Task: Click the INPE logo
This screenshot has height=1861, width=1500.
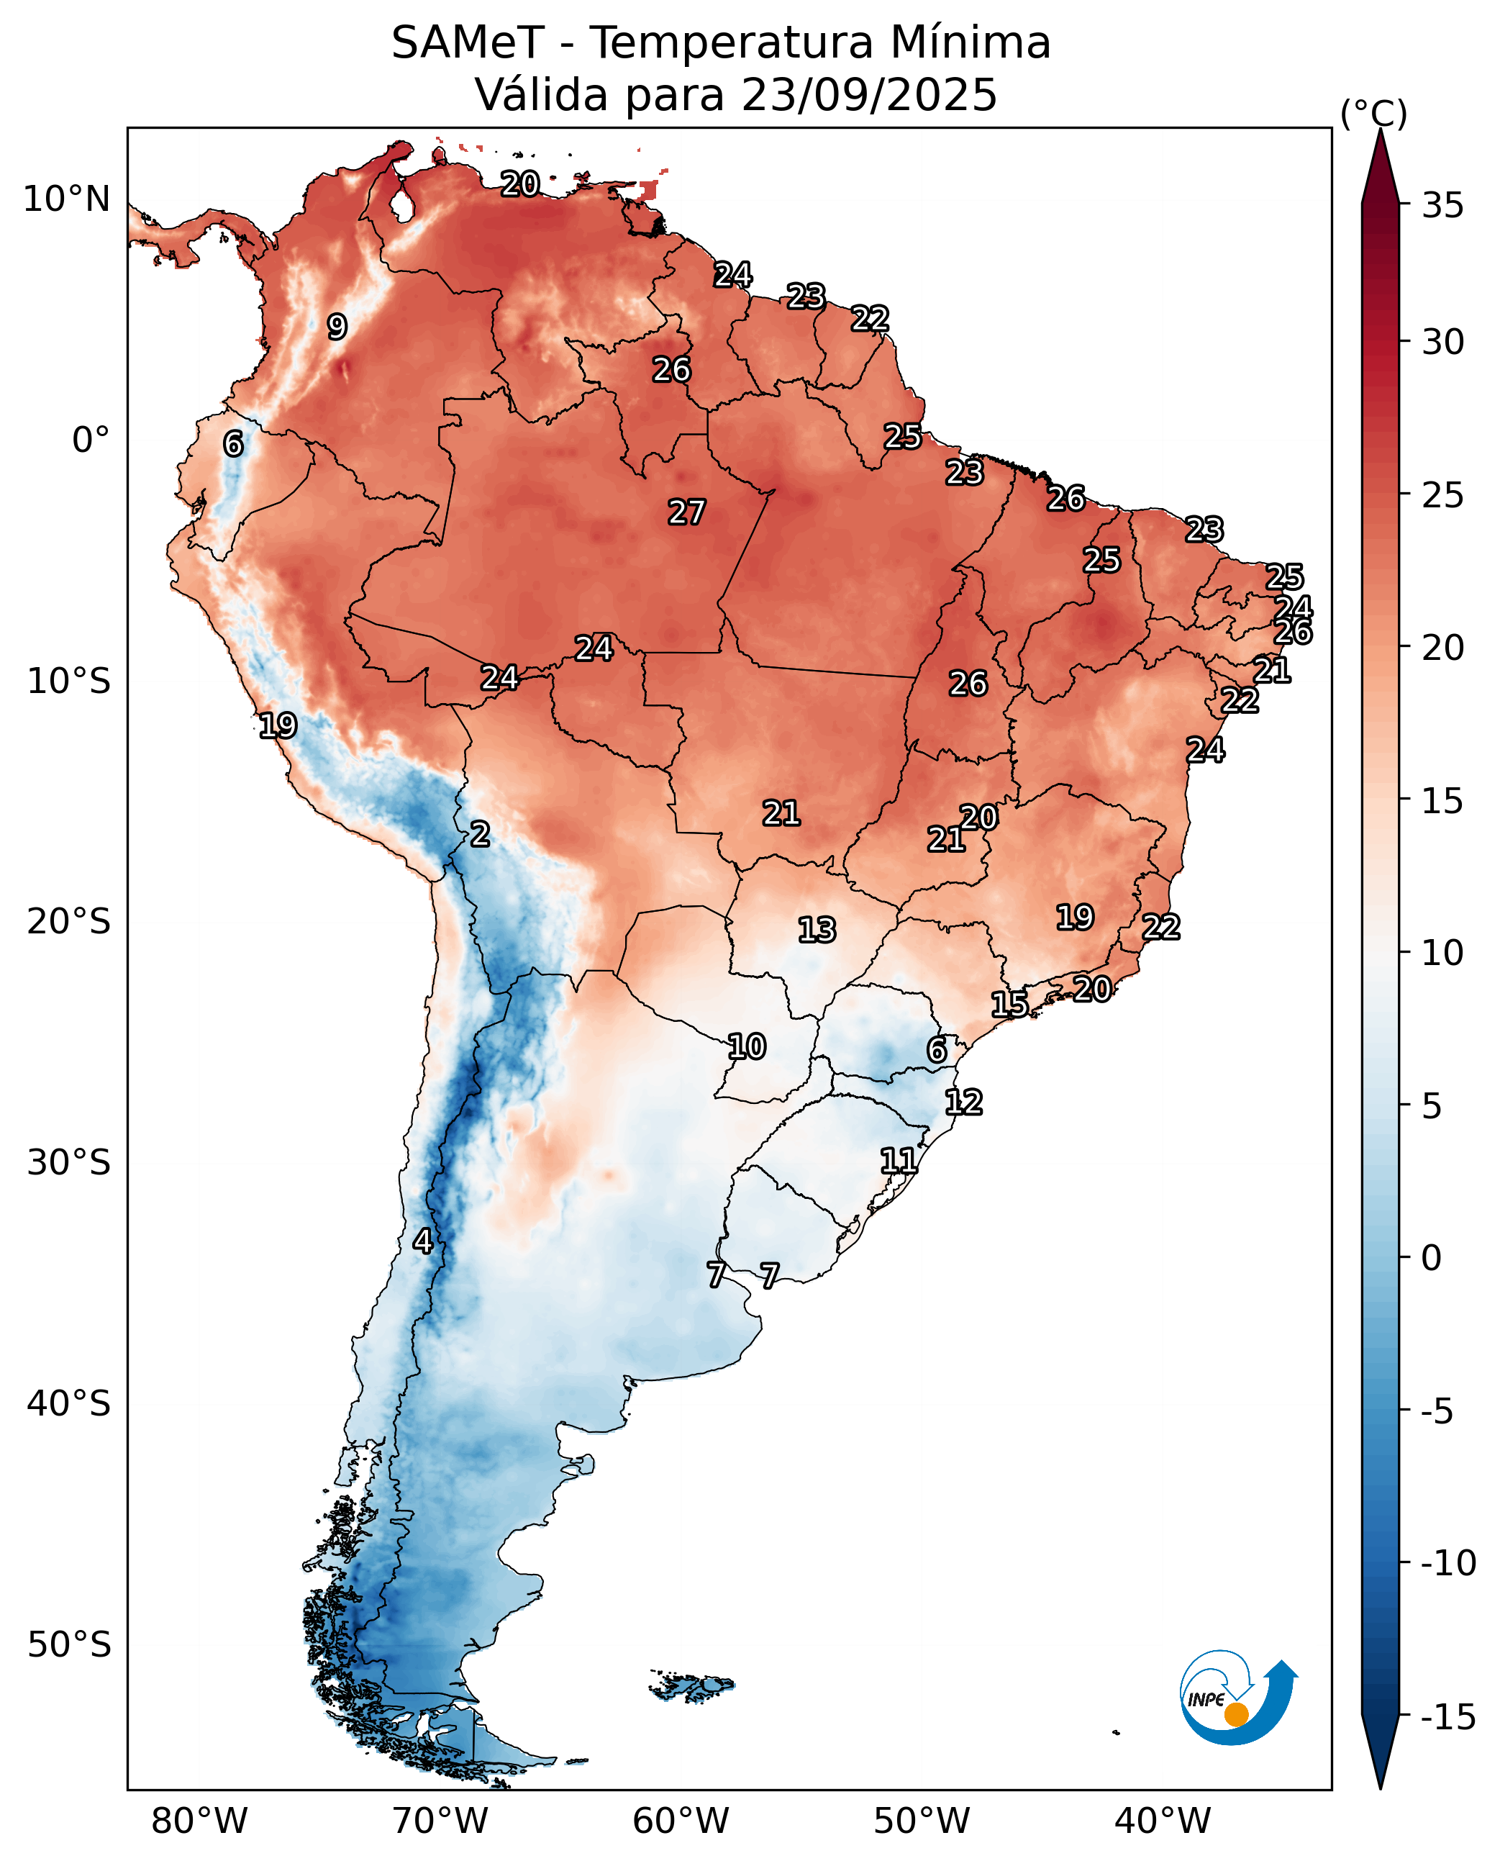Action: pyautogui.click(x=1237, y=1696)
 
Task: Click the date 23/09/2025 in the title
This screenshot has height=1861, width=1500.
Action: pyautogui.click(x=868, y=94)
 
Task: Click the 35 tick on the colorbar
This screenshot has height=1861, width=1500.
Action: pyautogui.click(x=1442, y=206)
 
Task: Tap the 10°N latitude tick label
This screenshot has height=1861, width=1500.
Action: pyautogui.click(x=66, y=199)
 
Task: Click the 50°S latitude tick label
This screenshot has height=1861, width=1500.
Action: pyautogui.click(x=69, y=1644)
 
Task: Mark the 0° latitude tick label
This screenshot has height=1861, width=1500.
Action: pyautogui.click(x=91, y=440)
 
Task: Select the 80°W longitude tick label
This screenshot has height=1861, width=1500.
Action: pyautogui.click(x=199, y=1821)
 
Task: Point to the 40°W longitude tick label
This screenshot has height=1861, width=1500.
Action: pyautogui.click(x=1161, y=1821)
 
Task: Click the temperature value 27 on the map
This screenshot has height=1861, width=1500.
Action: pyautogui.click(x=687, y=512)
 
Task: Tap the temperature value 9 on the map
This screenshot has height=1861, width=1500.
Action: pyautogui.click(x=337, y=327)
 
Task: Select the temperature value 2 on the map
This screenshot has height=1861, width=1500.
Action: pyautogui.click(x=481, y=834)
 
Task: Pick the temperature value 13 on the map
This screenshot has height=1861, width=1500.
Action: pyautogui.click(x=817, y=930)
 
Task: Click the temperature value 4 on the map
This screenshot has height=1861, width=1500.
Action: pyautogui.click(x=422, y=1241)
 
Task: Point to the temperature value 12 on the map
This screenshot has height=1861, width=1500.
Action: pyautogui.click(x=963, y=1102)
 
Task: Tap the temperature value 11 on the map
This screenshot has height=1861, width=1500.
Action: pyautogui.click(x=899, y=1160)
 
